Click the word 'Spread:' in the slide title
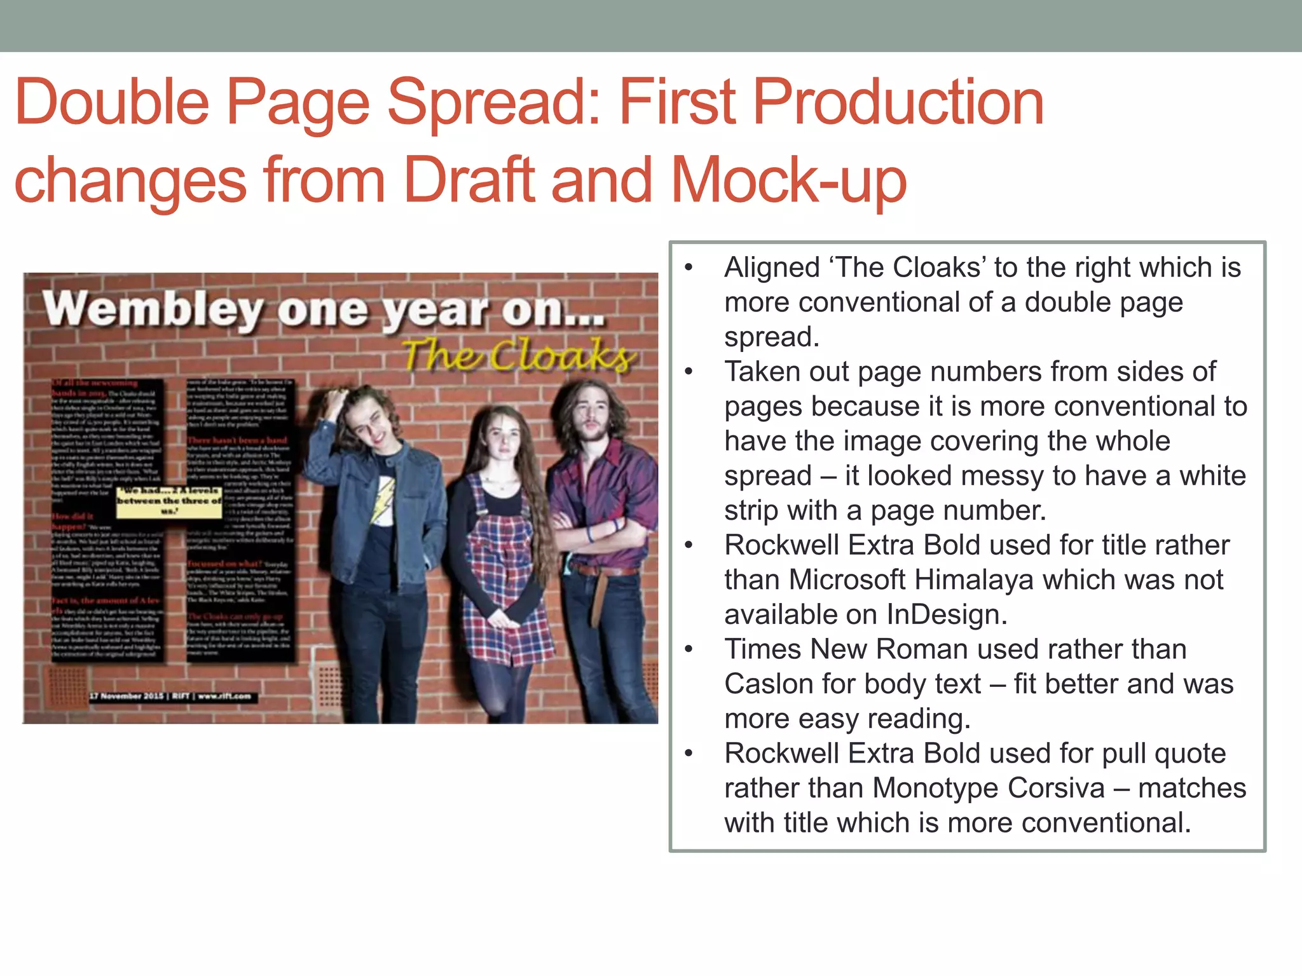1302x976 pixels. [496, 102]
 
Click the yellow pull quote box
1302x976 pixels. [169, 501]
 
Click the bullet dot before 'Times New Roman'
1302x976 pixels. [689, 649]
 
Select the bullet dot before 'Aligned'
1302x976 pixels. [689, 268]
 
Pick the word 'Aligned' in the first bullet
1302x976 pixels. [772, 268]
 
